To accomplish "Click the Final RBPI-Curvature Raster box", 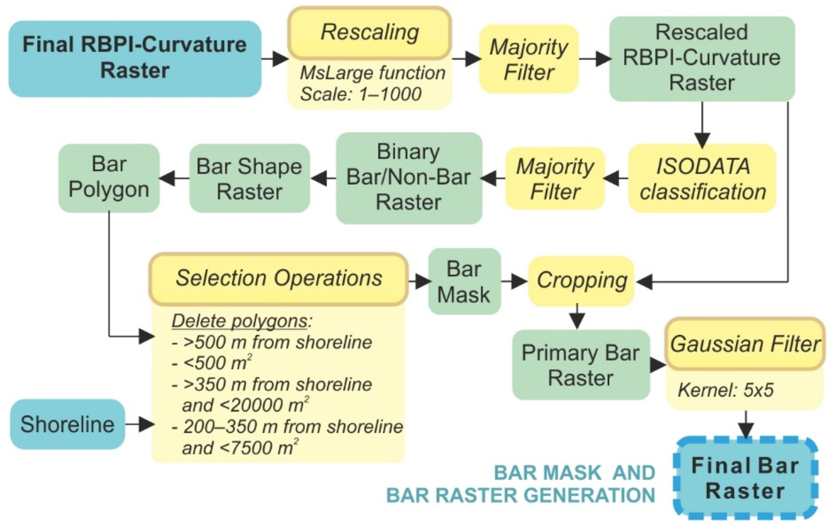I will (x=135, y=59).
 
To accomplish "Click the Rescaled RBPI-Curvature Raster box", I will (x=702, y=59).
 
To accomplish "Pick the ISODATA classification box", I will (x=702, y=179).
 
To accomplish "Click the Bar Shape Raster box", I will (x=249, y=179).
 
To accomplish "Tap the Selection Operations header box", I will (x=279, y=278).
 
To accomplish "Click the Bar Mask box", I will (x=464, y=281).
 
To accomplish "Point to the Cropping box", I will (x=581, y=281).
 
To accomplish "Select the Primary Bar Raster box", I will (x=580, y=365).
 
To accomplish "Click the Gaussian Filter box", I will (x=745, y=344).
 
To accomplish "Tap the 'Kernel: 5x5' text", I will (x=725, y=390).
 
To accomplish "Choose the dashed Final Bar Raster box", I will (x=745, y=478).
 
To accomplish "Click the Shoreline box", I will (x=67, y=424).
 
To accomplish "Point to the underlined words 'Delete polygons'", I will (x=239, y=321).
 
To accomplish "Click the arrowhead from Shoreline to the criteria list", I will (x=147, y=424).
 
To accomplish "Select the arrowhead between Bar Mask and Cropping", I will (x=520, y=281).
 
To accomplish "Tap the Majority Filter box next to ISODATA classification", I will (x=555, y=179).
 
